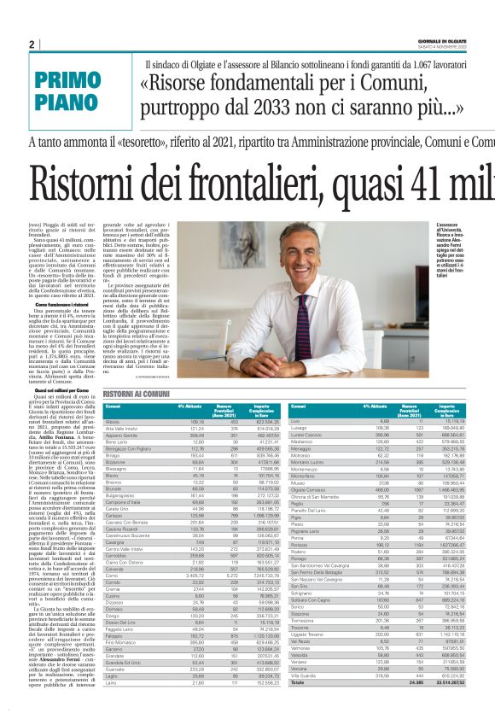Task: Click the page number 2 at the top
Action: click(x=32, y=44)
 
